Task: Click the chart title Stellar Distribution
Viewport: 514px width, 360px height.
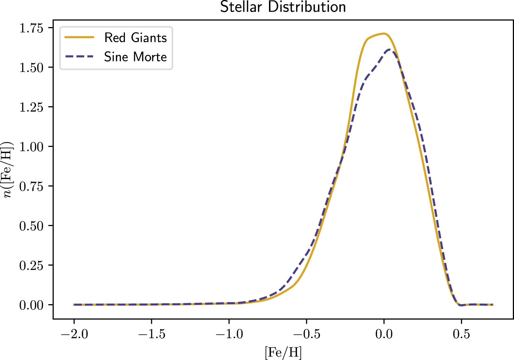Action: (x=283, y=7)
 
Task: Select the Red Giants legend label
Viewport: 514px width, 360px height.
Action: (x=136, y=38)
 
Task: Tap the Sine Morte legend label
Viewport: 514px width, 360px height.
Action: (x=136, y=57)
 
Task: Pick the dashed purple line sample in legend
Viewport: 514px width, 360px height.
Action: (x=79, y=57)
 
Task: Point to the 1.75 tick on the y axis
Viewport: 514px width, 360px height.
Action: (x=31, y=28)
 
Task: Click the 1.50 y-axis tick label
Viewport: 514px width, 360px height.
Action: (x=31, y=67)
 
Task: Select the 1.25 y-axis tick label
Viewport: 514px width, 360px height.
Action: (x=31, y=107)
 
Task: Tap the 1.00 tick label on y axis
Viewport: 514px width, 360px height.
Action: (x=31, y=147)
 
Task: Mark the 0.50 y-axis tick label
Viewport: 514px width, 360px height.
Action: (x=31, y=226)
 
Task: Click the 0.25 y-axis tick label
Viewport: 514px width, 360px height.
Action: (x=31, y=265)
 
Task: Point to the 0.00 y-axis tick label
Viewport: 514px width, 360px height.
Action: (x=31, y=305)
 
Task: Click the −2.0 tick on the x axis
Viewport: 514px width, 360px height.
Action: (x=74, y=334)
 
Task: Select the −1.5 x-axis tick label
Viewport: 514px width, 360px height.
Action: (x=151, y=334)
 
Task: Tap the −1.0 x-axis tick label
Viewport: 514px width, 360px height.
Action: (x=229, y=334)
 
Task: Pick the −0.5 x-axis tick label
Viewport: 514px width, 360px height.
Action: (x=306, y=334)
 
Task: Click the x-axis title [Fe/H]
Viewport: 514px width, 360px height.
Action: (x=283, y=352)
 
